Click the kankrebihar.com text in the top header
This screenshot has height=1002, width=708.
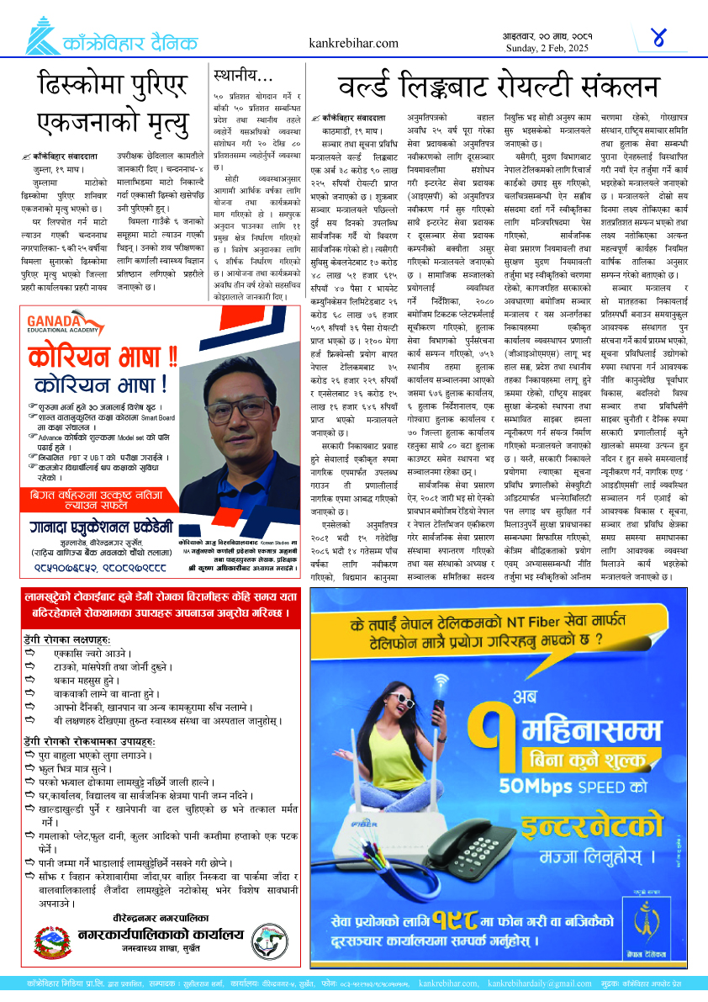[x=354, y=43]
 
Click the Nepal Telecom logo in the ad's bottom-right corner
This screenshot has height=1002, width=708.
[x=650, y=923]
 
